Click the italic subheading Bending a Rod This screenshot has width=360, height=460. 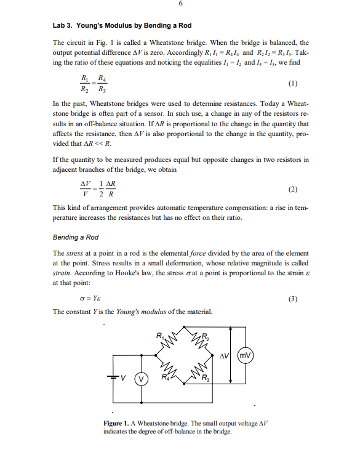pyautogui.click(x=75, y=236)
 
